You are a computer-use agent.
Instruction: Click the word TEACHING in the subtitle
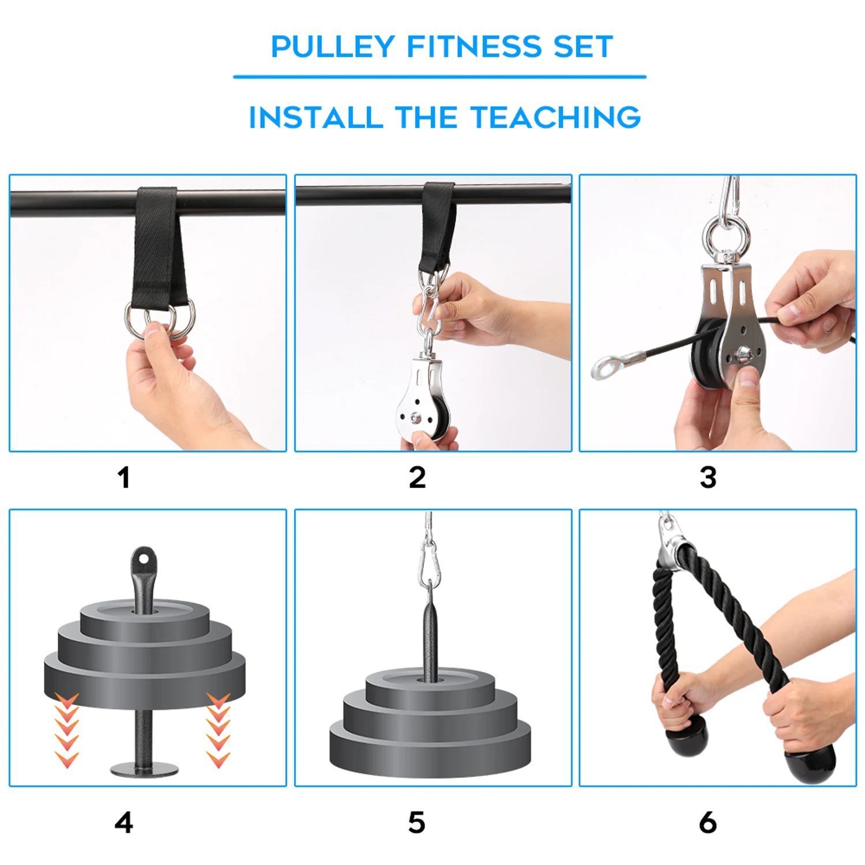(x=556, y=118)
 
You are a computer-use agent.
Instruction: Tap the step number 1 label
(x=123, y=477)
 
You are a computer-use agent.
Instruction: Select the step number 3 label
(x=708, y=477)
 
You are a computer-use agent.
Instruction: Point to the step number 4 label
(x=123, y=822)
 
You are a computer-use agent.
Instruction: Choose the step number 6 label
(x=708, y=822)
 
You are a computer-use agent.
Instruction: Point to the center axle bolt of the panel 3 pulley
(x=740, y=351)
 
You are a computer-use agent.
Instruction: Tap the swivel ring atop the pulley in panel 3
(x=726, y=236)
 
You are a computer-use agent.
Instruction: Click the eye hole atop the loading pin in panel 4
(x=143, y=559)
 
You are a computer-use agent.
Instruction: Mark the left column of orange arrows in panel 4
(x=67, y=730)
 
